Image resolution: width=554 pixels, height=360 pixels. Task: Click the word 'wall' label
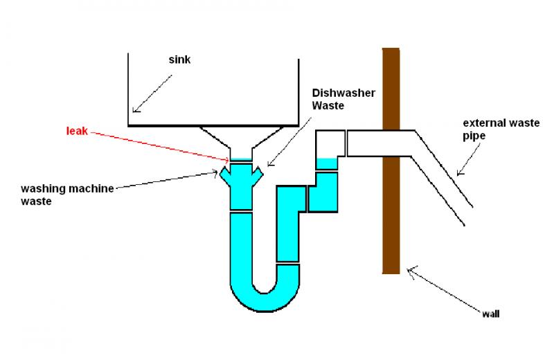pyautogui.click(x=490, y=313)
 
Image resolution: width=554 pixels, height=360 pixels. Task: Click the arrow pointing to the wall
pyautogui.click(x=443, y=291)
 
